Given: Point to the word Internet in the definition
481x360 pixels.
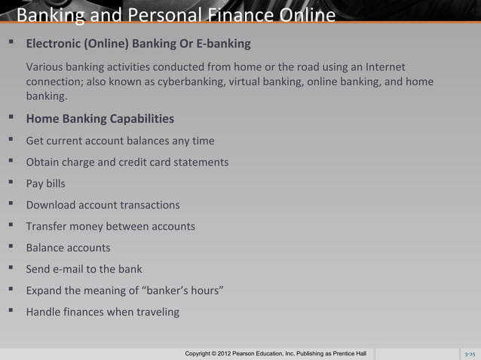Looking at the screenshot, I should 383,67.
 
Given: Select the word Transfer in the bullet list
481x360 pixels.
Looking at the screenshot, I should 48,226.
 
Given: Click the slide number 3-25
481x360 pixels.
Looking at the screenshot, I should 469,354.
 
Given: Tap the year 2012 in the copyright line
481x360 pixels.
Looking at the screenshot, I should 241,354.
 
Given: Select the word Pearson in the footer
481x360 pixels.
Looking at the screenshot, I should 267,354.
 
